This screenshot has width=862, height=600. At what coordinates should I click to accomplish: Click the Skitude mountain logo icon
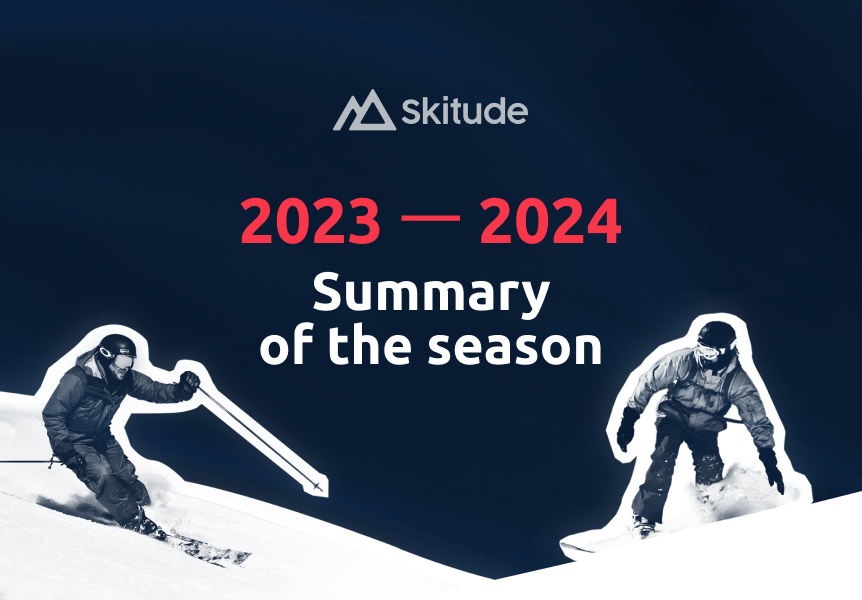(362, 110)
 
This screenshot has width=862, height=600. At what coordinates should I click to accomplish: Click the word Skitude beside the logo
(464, 112)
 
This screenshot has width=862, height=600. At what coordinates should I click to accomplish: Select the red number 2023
(311, 223)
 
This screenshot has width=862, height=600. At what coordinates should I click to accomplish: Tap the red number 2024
(550, 223)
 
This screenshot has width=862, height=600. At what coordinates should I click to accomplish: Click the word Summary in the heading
(431, 295)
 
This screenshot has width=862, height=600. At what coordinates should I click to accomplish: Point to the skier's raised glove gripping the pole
(187, 383)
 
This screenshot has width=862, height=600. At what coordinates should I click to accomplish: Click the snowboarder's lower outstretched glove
(771, 468)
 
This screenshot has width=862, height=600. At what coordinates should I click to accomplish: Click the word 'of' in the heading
(284, 346)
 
